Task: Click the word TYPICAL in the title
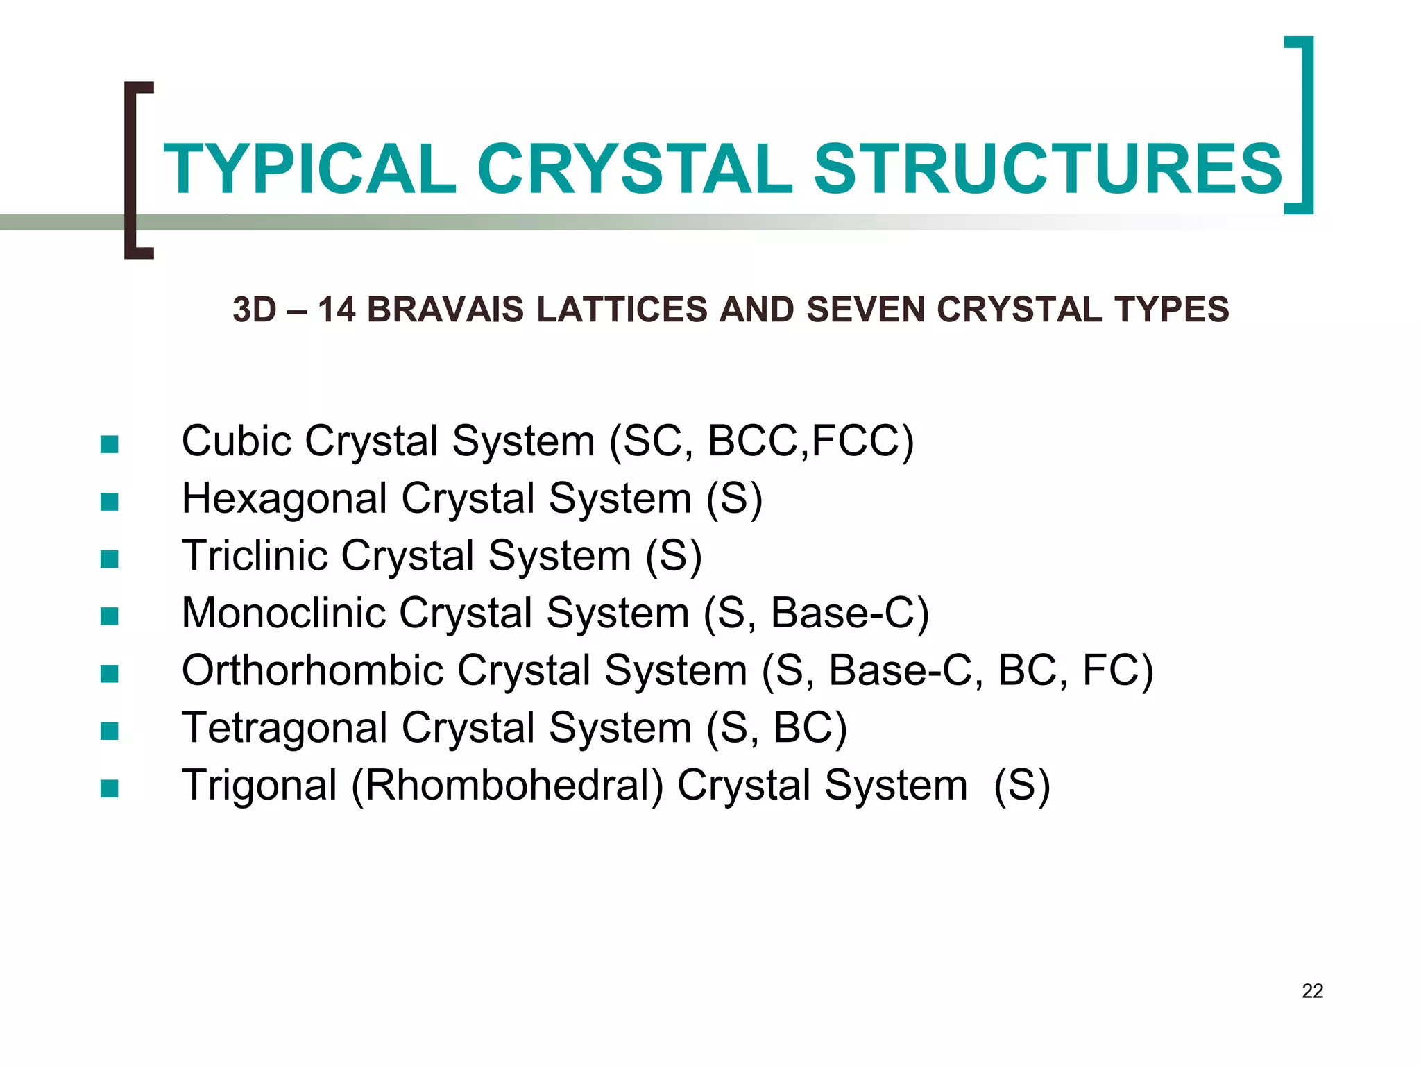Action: click(309, 169)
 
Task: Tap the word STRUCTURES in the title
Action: click(1048, 169)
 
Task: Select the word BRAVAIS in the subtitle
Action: click(445, 310)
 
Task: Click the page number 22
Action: click(1312, 991)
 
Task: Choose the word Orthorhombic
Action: click(312, 670)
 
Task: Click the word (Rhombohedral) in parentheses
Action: click(507, 786)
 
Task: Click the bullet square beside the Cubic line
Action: click(109, 443)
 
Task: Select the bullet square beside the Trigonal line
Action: click(109, 788)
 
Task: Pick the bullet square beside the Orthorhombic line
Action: click(109, 673)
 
